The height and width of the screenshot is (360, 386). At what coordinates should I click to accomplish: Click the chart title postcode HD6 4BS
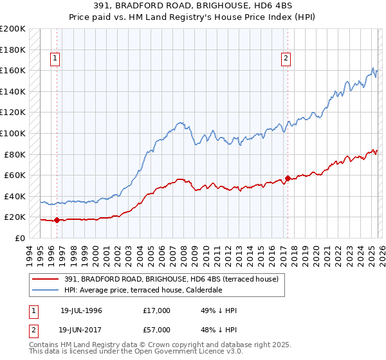tap(275, 6)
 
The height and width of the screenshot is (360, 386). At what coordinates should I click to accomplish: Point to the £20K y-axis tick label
tap(14, 217)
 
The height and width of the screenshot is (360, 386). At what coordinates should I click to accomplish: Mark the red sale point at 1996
tap(57, 220)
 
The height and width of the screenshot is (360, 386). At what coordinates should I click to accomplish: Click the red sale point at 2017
tap(288, 178)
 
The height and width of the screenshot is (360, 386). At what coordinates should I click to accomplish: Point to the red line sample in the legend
tap(46, 279)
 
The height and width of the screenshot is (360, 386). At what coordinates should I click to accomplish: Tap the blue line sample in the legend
tap(46, 290)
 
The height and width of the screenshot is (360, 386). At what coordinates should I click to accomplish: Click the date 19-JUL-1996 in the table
tap(80, 310)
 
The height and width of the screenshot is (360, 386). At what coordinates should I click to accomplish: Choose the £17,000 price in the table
tap(157, 310)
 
